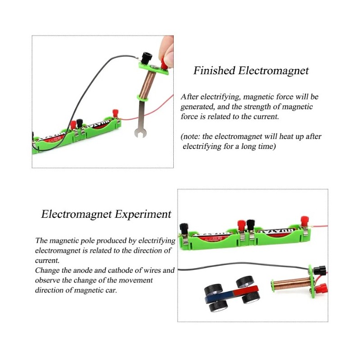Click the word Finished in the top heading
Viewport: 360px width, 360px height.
[x=214, y=71]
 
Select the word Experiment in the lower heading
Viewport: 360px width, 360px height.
[x=143, y=214]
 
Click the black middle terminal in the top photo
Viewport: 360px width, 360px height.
[x=80, y=122]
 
